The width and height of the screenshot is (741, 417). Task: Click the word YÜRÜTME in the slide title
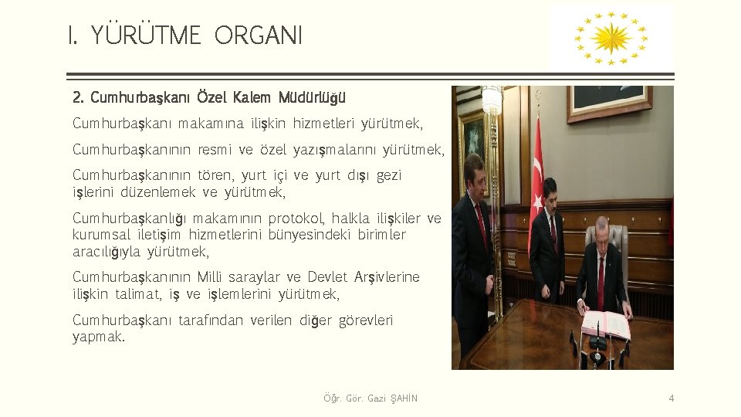click(x=146, y=36)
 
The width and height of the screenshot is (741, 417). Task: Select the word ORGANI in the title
click(x=259, y=36)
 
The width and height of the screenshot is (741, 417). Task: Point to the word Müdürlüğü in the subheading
click(x=313, y=98)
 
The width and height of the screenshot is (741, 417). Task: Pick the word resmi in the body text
click(x=215, y=149)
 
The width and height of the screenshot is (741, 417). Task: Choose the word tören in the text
click(x=216, y=175)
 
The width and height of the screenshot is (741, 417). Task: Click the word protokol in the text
click(x=296, y=219)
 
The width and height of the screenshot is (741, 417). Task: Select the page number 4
click(x=671, y=398)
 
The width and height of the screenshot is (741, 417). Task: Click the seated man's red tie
click(x=601, y=283)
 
